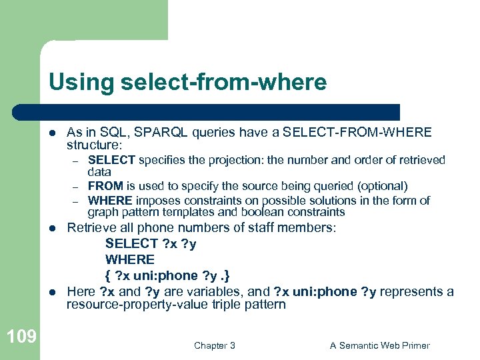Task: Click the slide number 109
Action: click(x=22, y=337)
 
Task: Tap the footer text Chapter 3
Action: click(x=214, y=345)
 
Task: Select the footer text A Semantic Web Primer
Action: click(x=379, y=345)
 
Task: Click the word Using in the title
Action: click(x=79, y=83)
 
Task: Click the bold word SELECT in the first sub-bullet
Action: click(x=111, y=159)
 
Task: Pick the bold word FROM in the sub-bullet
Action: click(x=103, y=186)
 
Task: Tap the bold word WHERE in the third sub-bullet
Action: click(x=110, y=200)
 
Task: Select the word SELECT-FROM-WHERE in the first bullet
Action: click(x=357, y=133)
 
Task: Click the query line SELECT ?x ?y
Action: click(x=151, y=243)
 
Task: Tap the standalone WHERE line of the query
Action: click(x=130, y=259)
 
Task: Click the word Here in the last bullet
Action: click(x=81, y=291)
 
